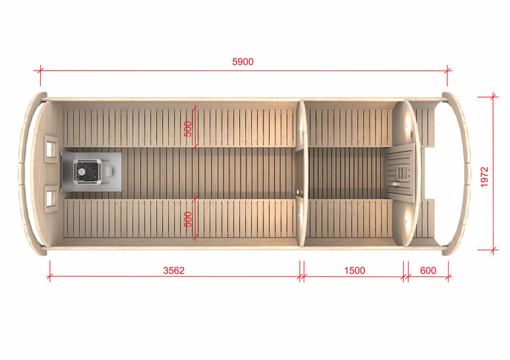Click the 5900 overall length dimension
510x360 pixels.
242,62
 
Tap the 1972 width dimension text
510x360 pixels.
484,177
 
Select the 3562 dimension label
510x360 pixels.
174,270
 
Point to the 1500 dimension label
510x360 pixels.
354,270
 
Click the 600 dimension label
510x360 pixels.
428,270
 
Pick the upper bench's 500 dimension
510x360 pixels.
188,129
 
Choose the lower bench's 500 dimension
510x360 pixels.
188,220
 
